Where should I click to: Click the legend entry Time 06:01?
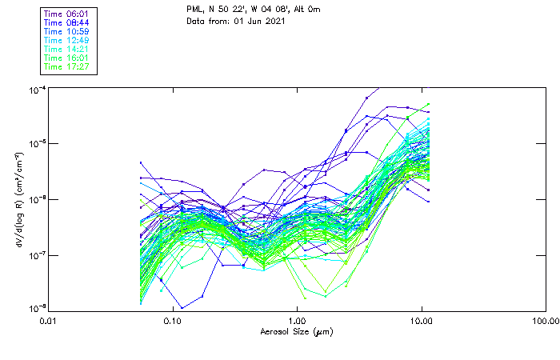point(67,14)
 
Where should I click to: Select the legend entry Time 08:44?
point(67,22)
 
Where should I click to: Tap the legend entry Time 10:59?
point(67,31)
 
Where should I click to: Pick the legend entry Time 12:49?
point(67,40)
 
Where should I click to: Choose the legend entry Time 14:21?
point(67,49)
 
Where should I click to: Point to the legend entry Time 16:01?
point(67,58)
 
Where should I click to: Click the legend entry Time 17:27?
point(67,66)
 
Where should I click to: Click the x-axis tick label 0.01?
point(49,322)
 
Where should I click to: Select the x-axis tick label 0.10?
point(173,322)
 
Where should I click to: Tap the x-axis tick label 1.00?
point(298,322)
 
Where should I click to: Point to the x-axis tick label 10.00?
point(422,322)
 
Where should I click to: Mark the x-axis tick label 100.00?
point(546,322)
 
